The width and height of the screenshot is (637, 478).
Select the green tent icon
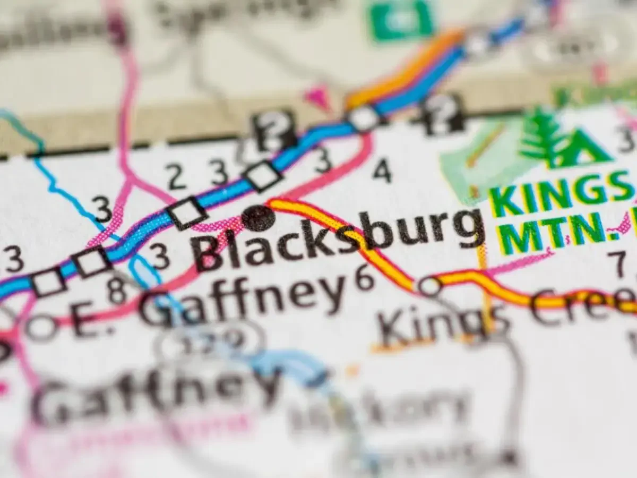pos(584,149)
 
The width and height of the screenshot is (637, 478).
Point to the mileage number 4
pos(382,171)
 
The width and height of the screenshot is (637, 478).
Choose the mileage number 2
pos(176,176)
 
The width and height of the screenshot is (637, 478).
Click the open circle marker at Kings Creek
pos(429,286)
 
